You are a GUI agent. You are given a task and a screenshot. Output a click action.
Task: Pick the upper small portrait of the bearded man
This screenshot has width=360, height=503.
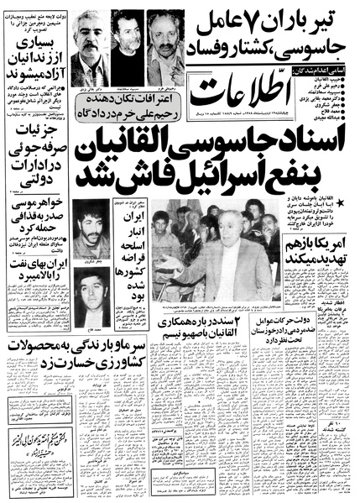[x=91, y=233]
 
